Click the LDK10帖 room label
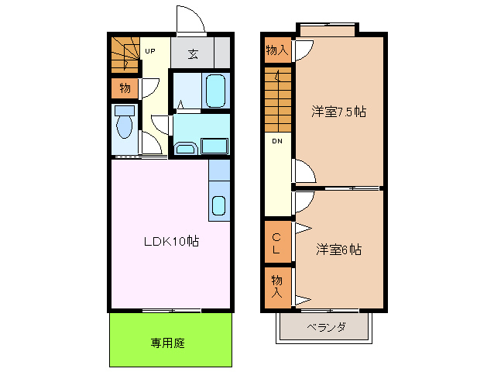[171, 241]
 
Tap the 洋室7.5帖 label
[338, 112]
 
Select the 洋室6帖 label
[339, 250]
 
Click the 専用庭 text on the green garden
[167, 343]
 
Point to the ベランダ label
[324, 327]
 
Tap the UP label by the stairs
[150, 51]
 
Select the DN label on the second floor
[276, 140]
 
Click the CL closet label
[276, 242]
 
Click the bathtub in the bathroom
[216, 90]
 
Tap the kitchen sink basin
[219, 205]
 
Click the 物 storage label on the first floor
[124, 88]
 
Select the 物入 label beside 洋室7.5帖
[276, 50]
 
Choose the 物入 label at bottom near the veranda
[276, 286]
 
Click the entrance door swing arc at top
[189, 19]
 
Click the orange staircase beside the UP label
[123, 53]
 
